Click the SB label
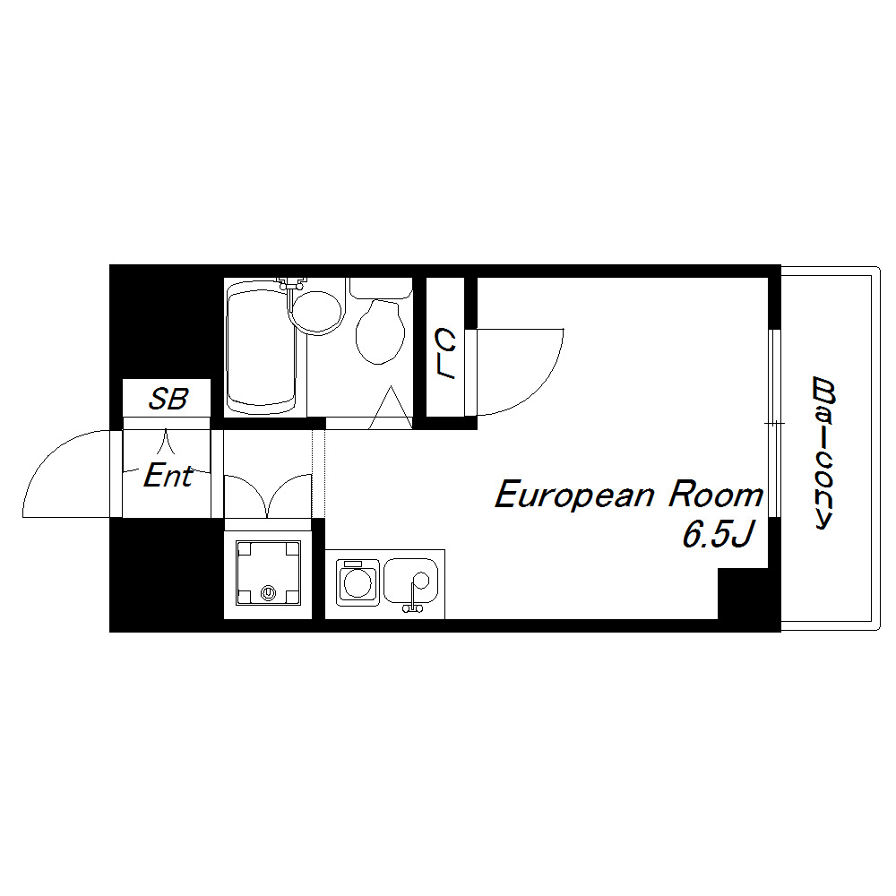pos(168,399)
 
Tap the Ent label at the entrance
pos(168,476)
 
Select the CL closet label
pos(445,353)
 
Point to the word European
pos(573,495)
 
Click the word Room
pos(716,495)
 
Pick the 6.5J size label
pos(719,535)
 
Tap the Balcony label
pos(823,452)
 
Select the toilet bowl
pos(380,332)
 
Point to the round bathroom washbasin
pos(316,313)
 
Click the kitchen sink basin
pos(411,581)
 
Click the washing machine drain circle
pos(268,593)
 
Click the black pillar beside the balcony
pos(749,594)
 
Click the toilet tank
pos(381,289)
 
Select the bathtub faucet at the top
pos(292,283)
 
